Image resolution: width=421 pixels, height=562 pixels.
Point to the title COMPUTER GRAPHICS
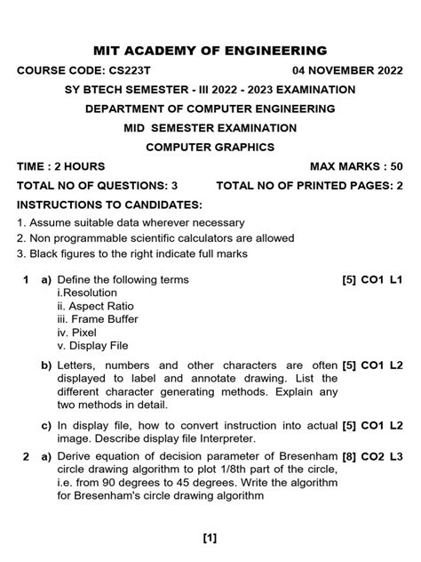tap(210, 147)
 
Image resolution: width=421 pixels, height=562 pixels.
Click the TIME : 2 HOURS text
tap(60, 166)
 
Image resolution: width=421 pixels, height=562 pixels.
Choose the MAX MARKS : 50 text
tap(356, 166)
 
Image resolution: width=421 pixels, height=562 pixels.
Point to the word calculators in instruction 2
tap(234, 238)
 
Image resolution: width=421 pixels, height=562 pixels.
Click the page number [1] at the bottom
tap(210, 537)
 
